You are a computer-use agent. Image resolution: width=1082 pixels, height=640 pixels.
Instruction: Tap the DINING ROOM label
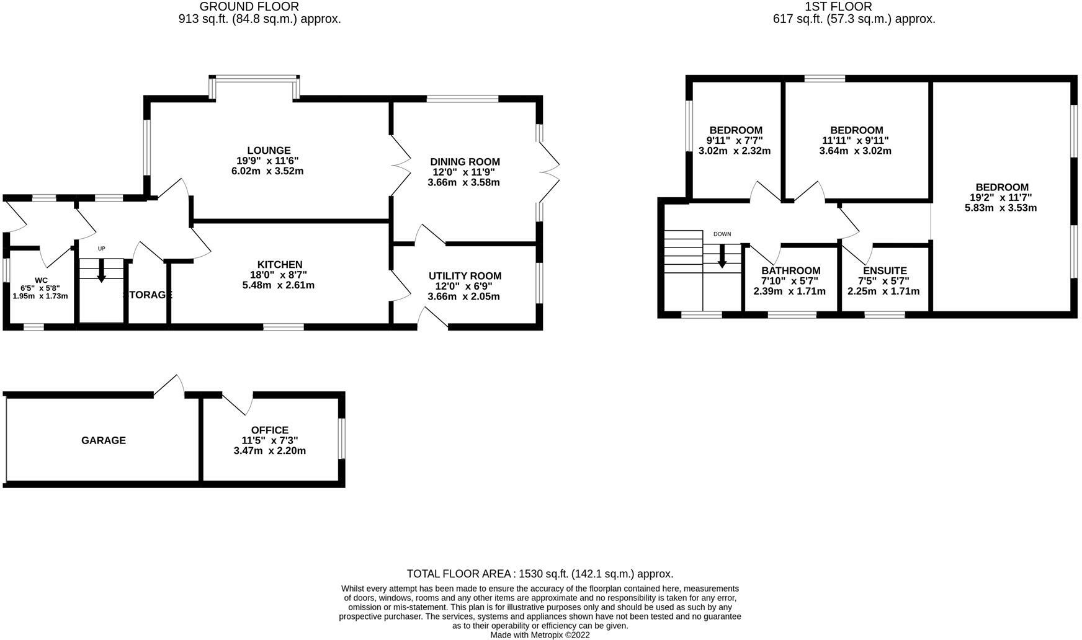coord(465,162)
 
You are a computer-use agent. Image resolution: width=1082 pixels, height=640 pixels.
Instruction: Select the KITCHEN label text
coord(280,265)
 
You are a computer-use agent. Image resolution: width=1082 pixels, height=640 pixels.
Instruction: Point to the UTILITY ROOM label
coord(465,276)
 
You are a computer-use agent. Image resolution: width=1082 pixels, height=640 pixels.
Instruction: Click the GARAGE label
coord(104,440)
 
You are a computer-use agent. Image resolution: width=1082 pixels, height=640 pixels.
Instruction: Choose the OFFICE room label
coord(270,430)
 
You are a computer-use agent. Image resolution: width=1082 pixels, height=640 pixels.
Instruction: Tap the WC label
coord(42,280)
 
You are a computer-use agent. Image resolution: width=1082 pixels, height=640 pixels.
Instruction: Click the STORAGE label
coord(148,295)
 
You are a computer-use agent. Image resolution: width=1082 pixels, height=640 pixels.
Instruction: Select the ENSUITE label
coord(885,271)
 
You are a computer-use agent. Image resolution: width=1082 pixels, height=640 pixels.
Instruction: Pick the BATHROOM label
coord(790,271)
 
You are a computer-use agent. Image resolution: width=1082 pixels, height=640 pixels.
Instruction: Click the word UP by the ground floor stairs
coord(102,249)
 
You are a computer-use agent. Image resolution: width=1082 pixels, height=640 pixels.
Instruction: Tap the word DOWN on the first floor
coord(722,234)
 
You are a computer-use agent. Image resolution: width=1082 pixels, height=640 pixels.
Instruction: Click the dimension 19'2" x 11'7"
coord(1001,198)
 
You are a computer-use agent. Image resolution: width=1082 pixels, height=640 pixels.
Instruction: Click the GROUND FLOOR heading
coord(249,7)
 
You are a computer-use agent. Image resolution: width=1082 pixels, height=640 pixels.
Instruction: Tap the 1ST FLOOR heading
coord(838,7)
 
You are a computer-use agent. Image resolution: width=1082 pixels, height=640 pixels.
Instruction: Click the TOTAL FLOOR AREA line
coord(540,574)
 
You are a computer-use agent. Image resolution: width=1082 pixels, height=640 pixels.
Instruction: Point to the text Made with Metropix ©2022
coord(540,635)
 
